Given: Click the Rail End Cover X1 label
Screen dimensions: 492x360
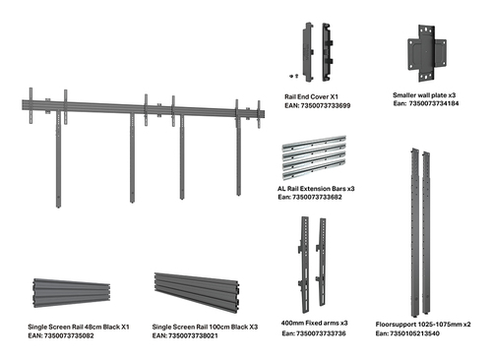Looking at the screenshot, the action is (311, 96).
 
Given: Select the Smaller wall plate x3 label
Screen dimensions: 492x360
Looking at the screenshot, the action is (424, 95).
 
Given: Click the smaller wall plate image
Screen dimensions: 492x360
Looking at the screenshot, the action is (427, 53).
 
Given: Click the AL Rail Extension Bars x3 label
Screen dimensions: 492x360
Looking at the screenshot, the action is (316, 189).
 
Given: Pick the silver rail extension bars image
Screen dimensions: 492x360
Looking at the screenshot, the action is (314, 157).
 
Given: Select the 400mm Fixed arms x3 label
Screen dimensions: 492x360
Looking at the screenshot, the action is (314, 323).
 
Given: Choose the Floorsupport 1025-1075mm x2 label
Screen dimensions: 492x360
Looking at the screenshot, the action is (423, 325).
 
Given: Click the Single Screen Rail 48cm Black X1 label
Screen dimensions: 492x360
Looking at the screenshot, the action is (79, 327).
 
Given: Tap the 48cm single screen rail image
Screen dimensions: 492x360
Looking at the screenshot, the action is (72, 293).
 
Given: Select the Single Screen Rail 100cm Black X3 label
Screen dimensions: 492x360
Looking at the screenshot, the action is (205, 327).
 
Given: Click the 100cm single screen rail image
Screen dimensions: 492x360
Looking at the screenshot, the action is (197, 293).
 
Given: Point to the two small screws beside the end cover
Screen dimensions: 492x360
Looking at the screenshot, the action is (294, 76).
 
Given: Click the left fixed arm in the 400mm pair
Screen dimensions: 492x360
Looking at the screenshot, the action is (304, 265).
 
